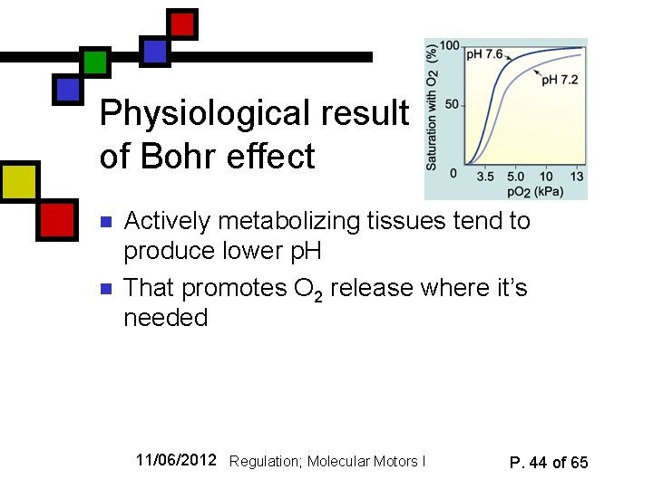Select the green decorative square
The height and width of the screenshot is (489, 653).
click(94, 62)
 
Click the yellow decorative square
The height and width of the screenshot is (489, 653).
click(18, 181)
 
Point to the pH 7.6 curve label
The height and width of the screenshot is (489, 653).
click(484, 55)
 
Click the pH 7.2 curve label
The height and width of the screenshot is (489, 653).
click(560, 81)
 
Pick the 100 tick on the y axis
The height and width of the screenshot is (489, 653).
click(448, 46)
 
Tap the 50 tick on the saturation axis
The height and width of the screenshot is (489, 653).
click(452, 106)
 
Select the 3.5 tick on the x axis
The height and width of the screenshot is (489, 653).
click(485, 177)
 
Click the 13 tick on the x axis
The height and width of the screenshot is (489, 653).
click(577, 177)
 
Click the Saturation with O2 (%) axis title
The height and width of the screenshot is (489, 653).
click(433, 108)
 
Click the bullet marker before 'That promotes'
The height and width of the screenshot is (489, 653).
click(106, 289)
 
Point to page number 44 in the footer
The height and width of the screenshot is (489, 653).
click(538, 463)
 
